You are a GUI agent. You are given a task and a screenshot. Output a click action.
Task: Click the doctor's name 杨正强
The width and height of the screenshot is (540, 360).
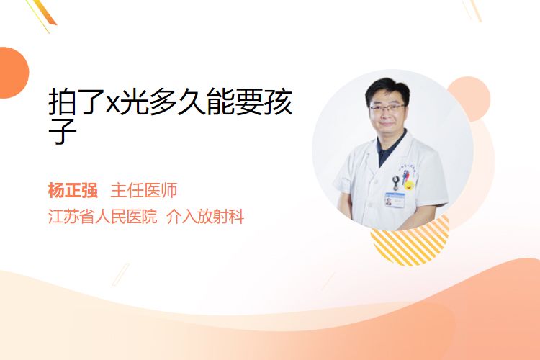[x=73, y=190]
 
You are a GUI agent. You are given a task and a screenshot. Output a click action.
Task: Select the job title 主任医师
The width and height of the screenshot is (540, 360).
[x=143, y=190]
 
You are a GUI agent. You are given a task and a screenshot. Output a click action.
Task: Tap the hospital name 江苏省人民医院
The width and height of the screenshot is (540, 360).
[x=103, y=217]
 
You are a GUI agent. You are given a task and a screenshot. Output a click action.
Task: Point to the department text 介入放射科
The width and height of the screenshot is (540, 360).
[x=205, y=217]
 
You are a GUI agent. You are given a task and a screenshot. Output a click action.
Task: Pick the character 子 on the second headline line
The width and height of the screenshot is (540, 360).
[x=62, y=131]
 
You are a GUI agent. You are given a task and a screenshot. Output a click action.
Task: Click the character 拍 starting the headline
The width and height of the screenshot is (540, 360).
[x=62, y=102]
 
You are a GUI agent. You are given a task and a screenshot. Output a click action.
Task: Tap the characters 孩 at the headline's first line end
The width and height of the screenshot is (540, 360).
[x=279, y=102]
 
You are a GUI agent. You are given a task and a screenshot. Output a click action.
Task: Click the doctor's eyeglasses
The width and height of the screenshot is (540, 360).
[x=387, y=107]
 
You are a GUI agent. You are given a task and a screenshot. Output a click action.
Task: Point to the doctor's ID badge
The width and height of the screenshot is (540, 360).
[x=395, y=200]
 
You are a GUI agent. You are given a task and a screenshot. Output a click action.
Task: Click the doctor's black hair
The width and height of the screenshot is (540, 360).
[x=387, y=89]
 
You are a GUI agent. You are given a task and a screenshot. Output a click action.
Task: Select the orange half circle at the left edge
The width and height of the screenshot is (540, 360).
[x=13, y=73]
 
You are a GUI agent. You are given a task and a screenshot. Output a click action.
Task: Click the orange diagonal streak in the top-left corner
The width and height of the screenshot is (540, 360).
[x=45, y=13]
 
